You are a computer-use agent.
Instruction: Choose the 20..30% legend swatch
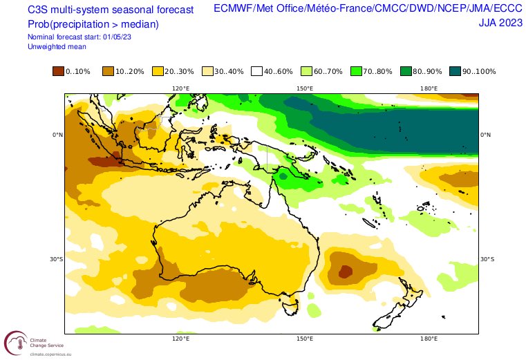pos(158,71)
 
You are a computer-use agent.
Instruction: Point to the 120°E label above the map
pos(181,88)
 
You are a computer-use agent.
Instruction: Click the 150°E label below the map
pos(305,339)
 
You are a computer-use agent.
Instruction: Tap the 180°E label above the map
pos(429,88)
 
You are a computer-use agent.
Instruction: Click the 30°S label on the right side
pos(487,260)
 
